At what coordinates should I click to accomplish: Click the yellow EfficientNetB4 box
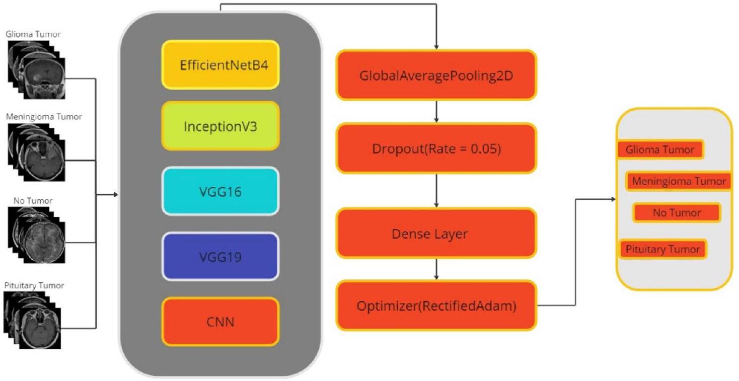click(220, 65)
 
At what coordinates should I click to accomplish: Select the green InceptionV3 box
click(220, 126)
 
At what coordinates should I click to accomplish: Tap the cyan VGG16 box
click(220, 191)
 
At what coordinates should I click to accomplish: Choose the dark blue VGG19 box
click(220, 257)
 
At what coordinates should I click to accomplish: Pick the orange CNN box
click(220, 321)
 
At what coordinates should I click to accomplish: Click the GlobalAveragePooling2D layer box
click(436, 75)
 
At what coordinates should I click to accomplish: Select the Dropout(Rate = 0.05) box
click(436, 149)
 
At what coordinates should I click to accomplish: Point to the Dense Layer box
click(436, 234)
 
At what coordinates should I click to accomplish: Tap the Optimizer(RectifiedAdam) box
click(436, 306)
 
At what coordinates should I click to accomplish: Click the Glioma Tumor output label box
click(659, 149)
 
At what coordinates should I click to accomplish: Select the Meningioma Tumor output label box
click(678, 181)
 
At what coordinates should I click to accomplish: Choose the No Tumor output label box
click(677, 212)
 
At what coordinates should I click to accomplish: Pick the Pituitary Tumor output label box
click(662, 249)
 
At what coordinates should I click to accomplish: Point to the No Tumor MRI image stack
click(36, 234)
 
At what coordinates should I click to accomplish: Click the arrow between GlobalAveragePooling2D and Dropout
click(436, 112)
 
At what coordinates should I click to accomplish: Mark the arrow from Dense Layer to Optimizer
click(436, 270)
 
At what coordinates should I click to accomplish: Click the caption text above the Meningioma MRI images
click(44, 117)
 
